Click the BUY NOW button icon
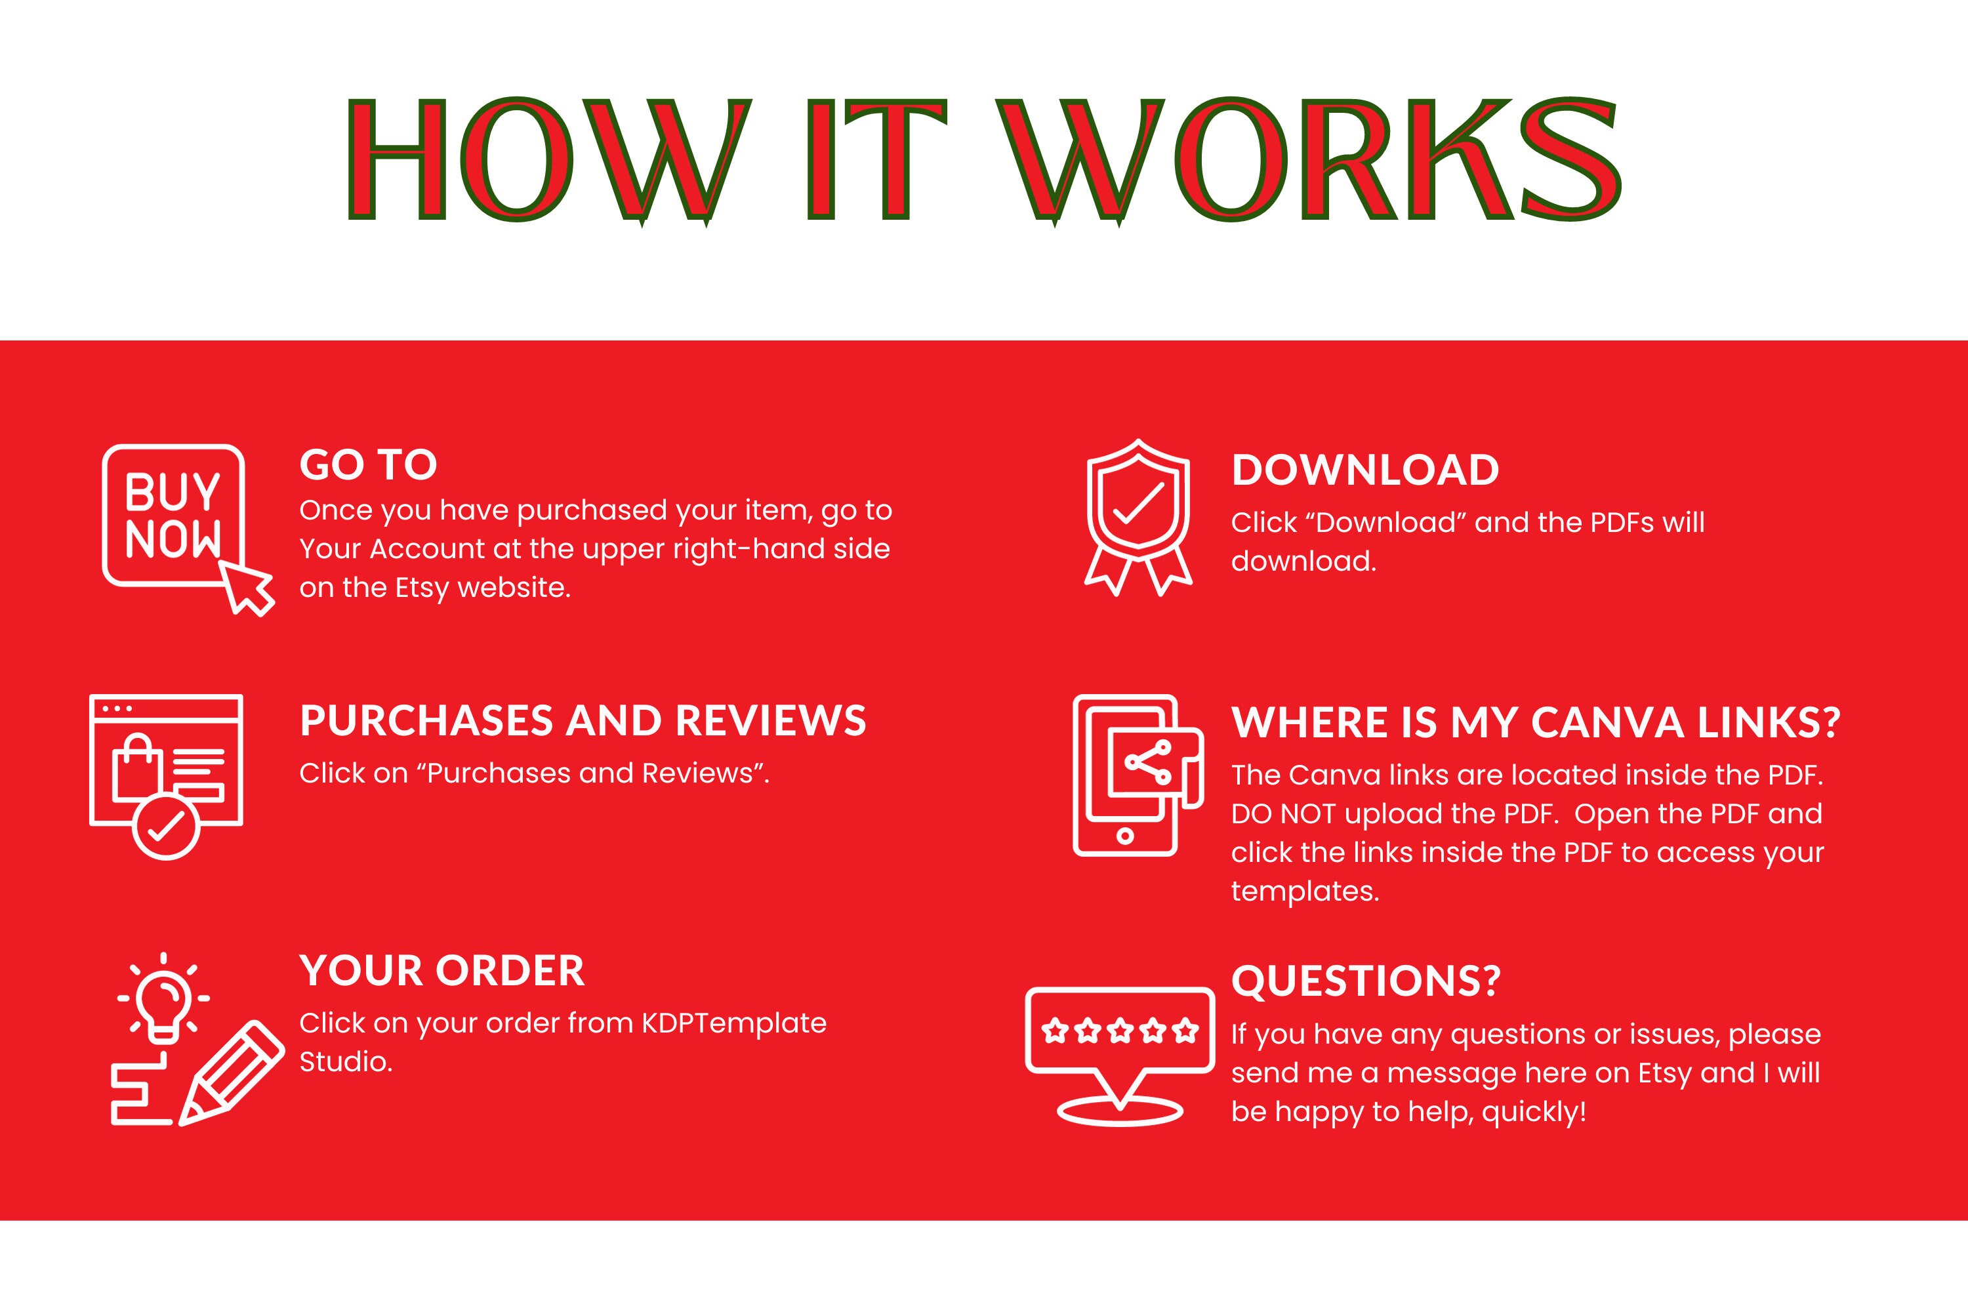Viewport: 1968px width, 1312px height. (173, 514)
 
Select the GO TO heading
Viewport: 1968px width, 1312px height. (368, 464)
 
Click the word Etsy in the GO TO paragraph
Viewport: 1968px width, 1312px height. (422, 588)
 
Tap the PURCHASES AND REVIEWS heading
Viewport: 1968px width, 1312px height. (583, 720)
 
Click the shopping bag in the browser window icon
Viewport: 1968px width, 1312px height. (137, 766)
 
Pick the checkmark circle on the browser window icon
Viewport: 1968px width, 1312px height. (166, 827)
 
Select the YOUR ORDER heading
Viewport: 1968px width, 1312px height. (441, 971)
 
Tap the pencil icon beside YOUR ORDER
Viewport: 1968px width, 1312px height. (232, 1073)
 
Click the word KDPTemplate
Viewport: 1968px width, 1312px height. (734, 1023)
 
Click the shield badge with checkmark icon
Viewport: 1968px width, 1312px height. (1138, 517)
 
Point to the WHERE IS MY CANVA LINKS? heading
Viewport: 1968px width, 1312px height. (1536, 722)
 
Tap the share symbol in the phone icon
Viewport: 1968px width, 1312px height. (1148, 762)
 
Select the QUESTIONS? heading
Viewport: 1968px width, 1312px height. (1366, 981)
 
